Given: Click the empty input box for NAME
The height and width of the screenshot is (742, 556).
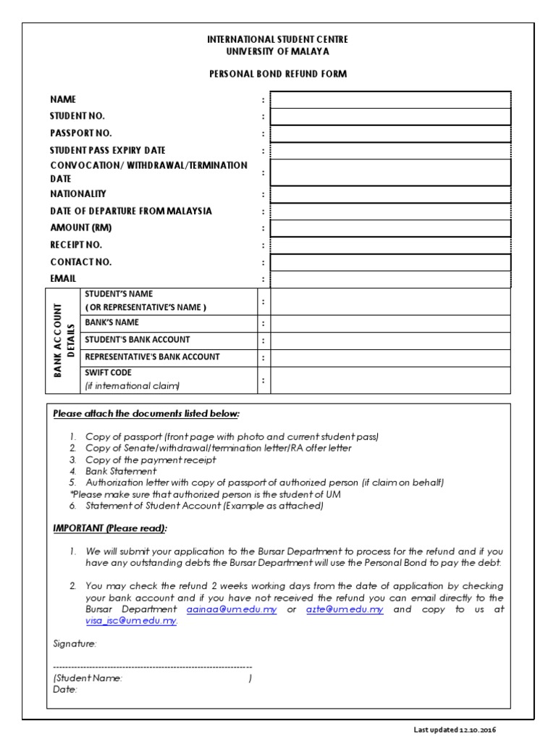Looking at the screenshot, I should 390,99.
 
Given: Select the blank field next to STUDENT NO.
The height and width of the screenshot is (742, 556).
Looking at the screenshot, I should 390,116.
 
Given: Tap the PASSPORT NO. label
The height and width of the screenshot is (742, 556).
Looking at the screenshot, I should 81,133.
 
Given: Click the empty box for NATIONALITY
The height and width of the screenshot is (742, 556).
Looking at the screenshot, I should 390,194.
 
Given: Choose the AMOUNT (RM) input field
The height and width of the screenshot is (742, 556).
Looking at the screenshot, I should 390,228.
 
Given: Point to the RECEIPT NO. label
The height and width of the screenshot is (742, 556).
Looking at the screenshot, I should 76,245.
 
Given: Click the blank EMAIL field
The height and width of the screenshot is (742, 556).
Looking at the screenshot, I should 390,279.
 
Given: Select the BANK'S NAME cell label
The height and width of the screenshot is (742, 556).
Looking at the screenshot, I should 111,322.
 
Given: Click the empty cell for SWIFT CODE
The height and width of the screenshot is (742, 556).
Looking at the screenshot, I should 390,379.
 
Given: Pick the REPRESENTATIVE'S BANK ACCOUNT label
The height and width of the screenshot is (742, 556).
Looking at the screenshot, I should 152,357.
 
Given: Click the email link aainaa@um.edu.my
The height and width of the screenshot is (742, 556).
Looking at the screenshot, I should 232,609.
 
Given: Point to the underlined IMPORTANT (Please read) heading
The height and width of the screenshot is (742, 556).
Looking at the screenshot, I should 111,528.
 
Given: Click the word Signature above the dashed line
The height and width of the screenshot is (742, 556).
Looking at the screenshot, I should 75,643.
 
